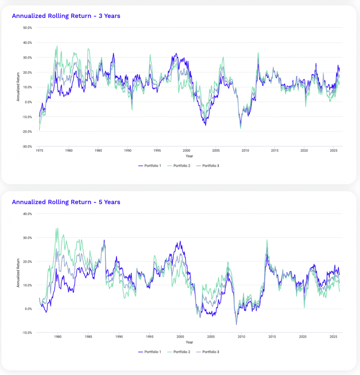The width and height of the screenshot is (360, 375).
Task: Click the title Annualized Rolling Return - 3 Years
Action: tap(66, 16)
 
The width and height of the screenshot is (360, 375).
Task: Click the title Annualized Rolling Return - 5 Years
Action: tap(66, 202)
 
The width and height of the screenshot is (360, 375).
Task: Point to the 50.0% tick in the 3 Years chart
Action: tap(27, 28)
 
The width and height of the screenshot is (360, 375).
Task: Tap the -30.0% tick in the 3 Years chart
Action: tap(27, 146)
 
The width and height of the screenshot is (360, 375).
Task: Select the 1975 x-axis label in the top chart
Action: tap(39, 151)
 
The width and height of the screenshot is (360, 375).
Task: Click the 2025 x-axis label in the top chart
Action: tap(333, 151)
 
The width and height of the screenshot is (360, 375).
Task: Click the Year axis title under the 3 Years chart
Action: tap(189, 156)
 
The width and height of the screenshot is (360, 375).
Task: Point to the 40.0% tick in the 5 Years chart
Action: tap(27, 214)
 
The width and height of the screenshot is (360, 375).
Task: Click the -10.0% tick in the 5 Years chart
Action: tap(27, 333)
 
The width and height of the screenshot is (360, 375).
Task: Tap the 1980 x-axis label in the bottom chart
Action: tap(57, 337)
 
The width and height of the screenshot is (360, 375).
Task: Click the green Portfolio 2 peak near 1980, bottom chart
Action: tap(57, 228)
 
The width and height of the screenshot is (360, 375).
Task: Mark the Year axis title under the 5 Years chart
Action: tap(189, 342)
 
